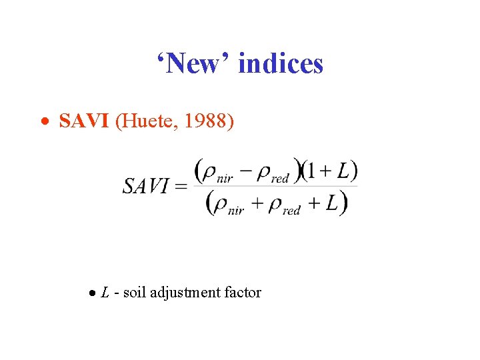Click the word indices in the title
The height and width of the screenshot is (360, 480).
click(280, 64)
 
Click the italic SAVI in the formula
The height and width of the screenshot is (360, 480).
click(146, 186)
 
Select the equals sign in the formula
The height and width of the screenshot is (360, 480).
click(180, 186)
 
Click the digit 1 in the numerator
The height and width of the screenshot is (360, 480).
click(311, 171)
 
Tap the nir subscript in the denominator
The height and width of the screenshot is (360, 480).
click(236, 210)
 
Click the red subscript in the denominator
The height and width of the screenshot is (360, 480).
click(291, 210)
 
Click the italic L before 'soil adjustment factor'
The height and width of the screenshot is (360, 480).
click(105, 292)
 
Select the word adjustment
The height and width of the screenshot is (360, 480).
click(184, 293)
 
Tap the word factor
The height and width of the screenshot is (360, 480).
click(241, 292)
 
